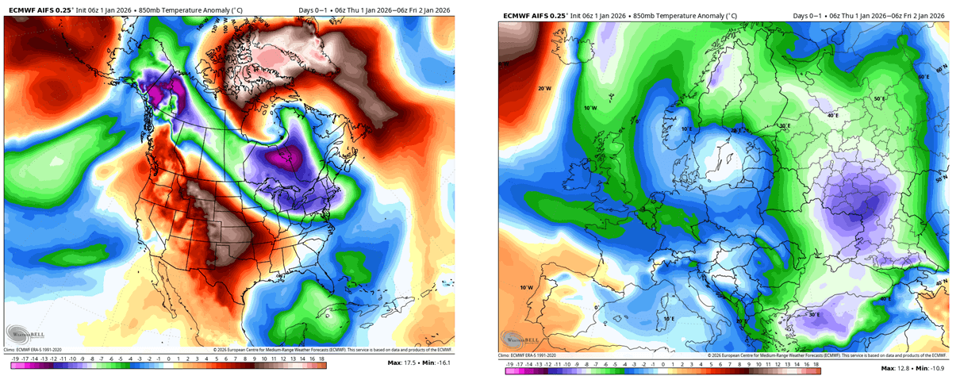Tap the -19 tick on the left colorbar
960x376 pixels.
click(x=9, y=359)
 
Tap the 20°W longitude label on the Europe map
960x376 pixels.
click(x=543, y=89)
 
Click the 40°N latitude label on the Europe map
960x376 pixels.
click(x=940, y=283)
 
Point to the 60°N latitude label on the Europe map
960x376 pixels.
click(x=942, y=71)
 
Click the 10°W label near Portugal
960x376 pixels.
click(x=525, y=287)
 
